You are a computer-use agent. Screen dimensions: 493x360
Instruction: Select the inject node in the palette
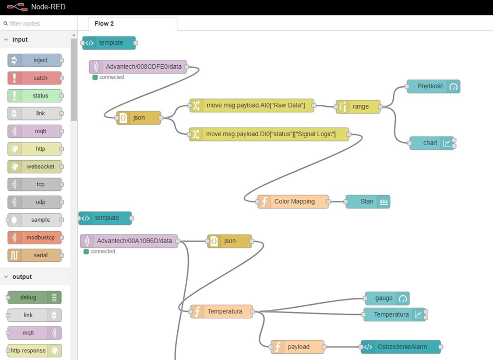(34, 60)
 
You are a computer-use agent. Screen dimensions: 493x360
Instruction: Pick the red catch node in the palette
(34, 78)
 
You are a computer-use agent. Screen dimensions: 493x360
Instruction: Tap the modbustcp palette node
(34, 238)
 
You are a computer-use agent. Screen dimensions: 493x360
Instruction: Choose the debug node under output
(34, 297)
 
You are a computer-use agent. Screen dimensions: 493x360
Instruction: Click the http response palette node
(34, 351)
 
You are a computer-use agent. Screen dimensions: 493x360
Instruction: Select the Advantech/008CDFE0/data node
(138, 67)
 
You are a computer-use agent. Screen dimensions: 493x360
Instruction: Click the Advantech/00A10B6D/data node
(129, 241)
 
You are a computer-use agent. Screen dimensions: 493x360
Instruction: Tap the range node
(358, 107)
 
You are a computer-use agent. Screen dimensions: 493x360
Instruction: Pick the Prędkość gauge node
(433, 87)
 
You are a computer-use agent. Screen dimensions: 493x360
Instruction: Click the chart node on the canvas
(431, 143)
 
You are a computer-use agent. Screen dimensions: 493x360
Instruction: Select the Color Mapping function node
(293, 201)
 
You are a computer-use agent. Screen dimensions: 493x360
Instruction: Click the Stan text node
(368, 201)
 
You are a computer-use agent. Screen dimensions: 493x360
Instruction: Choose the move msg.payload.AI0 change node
(252, 105)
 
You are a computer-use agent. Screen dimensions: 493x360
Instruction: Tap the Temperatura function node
(222, 311)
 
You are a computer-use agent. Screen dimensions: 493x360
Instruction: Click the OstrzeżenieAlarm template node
(401, 347)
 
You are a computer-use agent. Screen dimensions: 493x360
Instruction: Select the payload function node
(297, 347)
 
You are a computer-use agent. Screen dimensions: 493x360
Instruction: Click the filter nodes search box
(39, 23)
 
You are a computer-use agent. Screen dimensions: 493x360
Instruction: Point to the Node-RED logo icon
(17, 7)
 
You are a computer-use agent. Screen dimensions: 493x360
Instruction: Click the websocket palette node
(34, 166)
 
